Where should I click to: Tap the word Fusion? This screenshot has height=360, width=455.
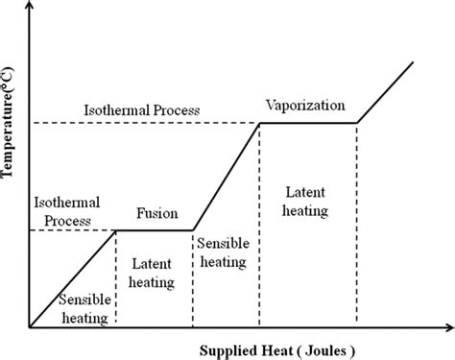(x=156, y=214)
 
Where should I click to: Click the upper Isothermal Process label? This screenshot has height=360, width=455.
(x=142, y=110)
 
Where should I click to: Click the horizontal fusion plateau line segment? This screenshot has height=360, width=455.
(x=154, y=229)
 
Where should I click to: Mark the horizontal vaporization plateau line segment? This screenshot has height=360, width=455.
(x=309, y=123)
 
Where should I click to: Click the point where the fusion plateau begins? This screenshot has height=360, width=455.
(x=115, y=229)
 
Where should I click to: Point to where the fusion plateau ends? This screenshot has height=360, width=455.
(x=193, y=229)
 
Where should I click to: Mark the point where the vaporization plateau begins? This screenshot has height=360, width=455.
(x=260, y=123)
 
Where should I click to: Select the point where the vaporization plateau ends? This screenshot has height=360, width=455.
(x=358, y=123)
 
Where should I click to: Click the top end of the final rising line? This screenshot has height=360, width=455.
(x=413, y=62)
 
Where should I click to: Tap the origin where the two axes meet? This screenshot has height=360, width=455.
(x=30, y=326)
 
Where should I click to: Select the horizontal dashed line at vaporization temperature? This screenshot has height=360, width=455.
(x=144, y=123)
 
